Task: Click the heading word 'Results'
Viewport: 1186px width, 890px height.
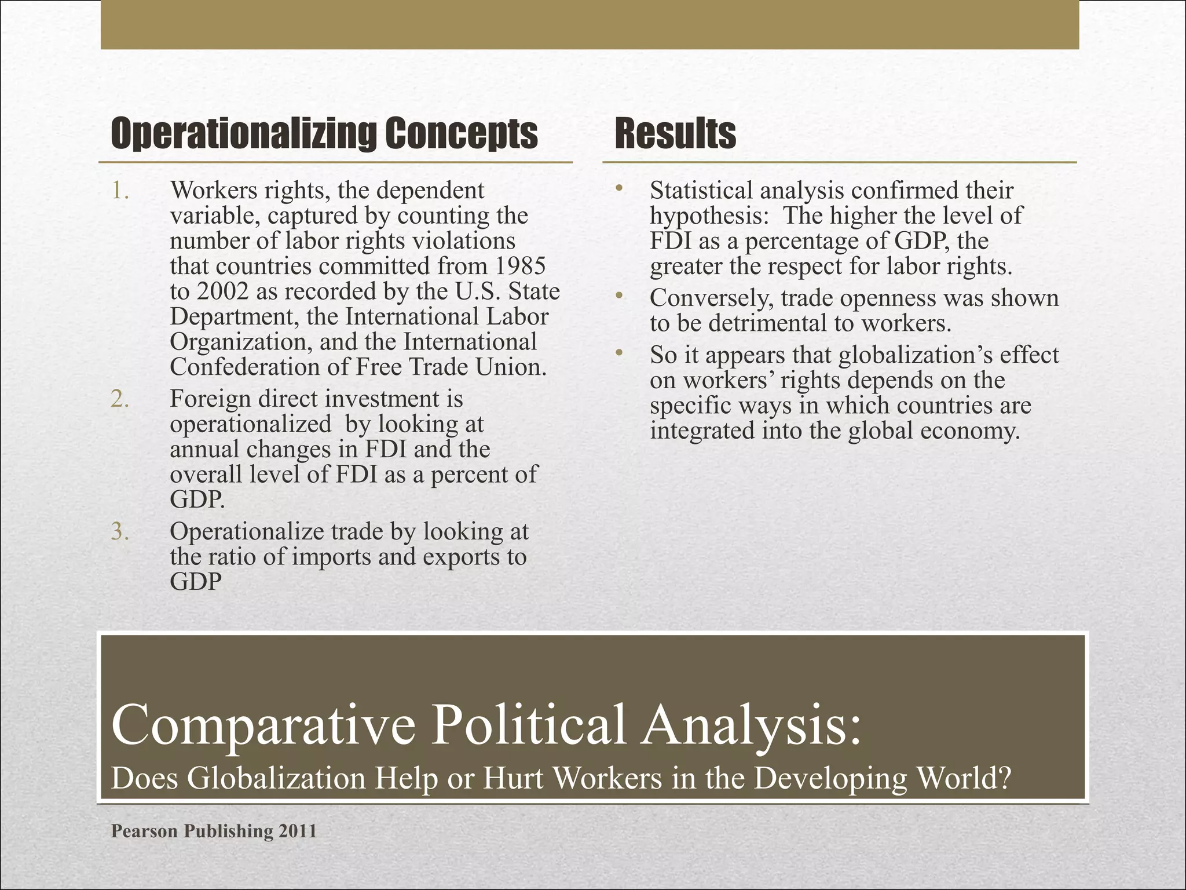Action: click(x=675, y=134)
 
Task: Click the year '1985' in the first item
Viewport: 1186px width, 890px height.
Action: click(x=521, y=266)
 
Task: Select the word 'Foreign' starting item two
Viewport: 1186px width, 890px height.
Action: click(x=210, y=399)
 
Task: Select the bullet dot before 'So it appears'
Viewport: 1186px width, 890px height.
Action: click(x=619, y=353)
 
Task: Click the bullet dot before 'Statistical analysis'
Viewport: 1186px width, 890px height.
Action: click(x=619, y=188)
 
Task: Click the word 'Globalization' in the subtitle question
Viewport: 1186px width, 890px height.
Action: click(x=277, y=778)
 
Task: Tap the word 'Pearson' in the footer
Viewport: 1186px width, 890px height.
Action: click(x=145, y=831)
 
